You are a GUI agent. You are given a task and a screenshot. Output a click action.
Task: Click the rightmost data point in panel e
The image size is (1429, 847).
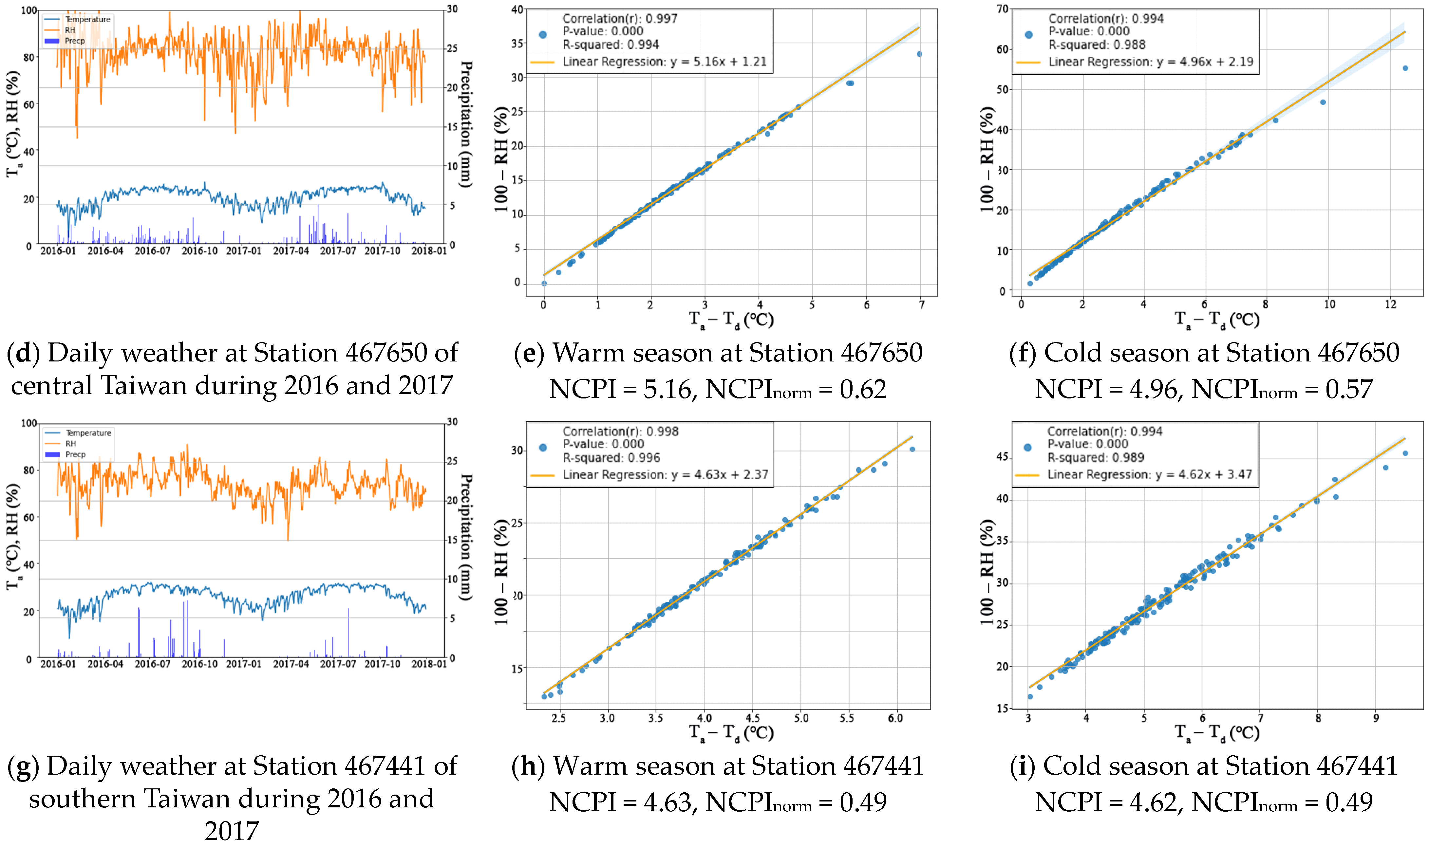tap(919, 54)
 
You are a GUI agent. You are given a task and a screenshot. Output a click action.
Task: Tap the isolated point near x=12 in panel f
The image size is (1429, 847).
tap(1405, 68)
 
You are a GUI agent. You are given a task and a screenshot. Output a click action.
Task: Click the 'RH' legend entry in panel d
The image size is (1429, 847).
tap(70, 30)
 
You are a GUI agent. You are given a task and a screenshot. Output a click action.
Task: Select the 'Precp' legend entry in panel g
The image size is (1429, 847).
tap(75, 454)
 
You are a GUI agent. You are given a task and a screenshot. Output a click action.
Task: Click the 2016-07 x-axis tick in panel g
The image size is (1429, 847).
tap(152, 664)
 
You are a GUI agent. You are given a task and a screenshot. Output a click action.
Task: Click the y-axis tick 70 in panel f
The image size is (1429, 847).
tap(1002, 9)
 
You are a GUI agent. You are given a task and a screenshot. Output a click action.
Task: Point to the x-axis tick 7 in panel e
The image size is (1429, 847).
tap(921, 305)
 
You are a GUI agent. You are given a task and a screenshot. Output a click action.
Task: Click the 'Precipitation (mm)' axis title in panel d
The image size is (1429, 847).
tap(466, 124)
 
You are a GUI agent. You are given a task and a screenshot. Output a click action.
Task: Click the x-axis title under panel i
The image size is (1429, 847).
tap(1217, 732)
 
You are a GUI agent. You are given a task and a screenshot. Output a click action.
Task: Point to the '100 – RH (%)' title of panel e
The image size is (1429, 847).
tap(501, 160)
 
